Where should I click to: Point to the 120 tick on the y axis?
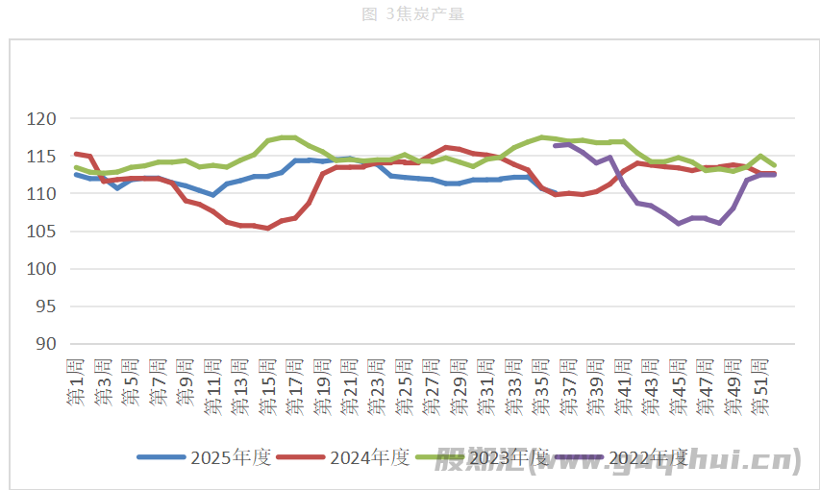(42, 119)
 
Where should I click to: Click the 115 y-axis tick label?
(42, 157)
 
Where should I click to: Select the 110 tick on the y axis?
(42, 194)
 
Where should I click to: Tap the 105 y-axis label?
(42, 232)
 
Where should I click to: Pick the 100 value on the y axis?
(42, 269)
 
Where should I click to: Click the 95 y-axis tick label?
(46, 306)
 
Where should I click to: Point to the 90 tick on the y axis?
(46, 344)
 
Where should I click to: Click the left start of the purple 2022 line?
(556, 145)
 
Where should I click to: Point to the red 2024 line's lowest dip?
(267, 228)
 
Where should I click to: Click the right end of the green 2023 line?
(774, 165)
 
